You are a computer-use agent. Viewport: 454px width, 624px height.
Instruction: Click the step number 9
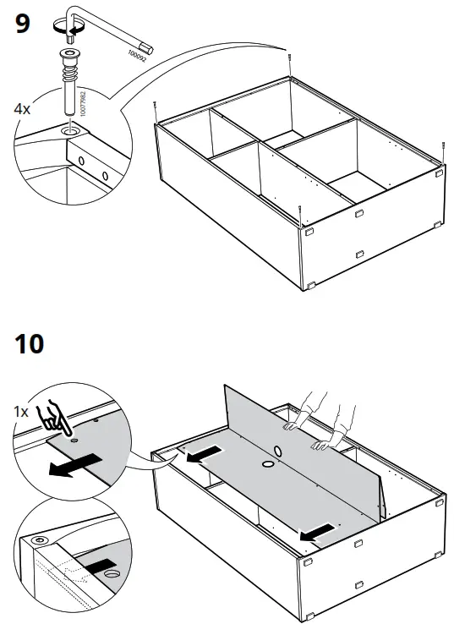point(23,24)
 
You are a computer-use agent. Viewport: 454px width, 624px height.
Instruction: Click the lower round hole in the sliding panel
point(266,464)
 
